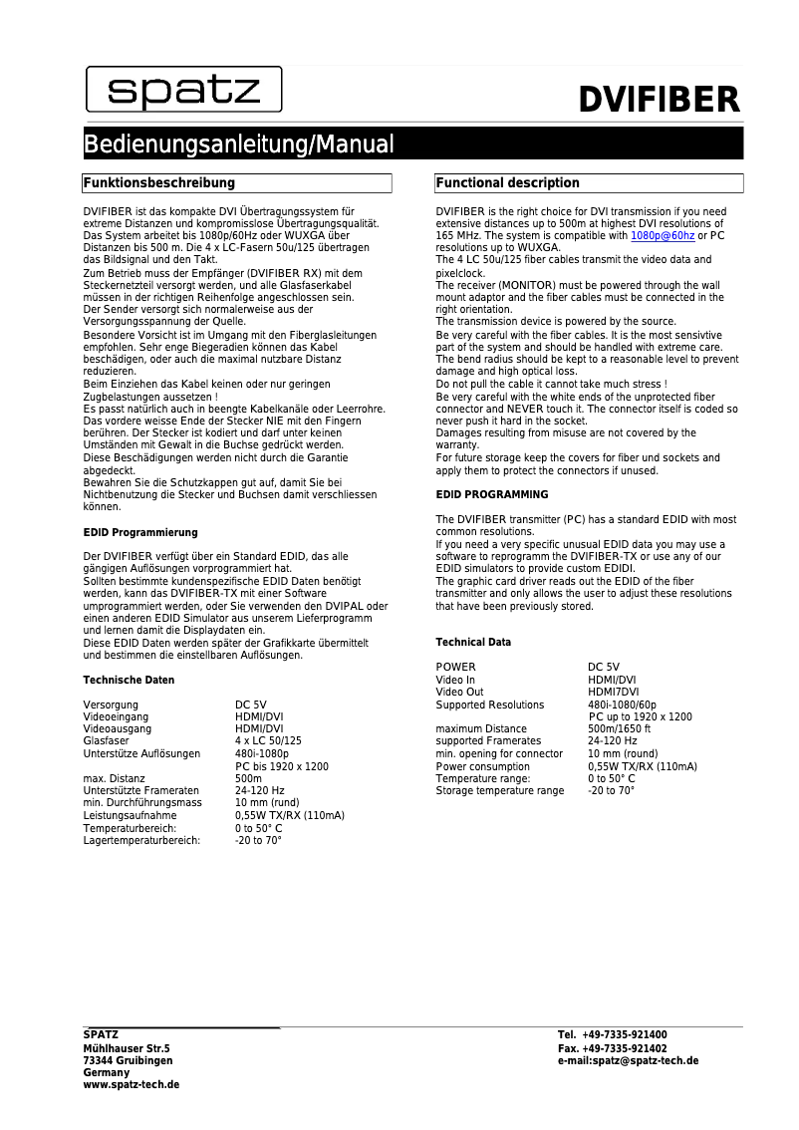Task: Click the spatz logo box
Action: [183, 90]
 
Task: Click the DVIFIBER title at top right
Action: [660, 100]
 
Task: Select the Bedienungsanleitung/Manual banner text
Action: [238, 144]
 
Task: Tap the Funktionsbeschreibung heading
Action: [158, 183]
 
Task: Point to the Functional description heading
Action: [507, 183]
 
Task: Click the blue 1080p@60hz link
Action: [663, 235]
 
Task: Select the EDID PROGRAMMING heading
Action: [492, 494]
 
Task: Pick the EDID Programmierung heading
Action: [140, 532]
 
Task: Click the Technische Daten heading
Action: [129, 680]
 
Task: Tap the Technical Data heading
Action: [473, 642]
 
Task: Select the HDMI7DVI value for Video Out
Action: [614, 692]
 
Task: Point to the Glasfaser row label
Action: [106, 740]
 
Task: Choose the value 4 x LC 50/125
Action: [268, 740]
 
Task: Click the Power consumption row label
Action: [483, 766]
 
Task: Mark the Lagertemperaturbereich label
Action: [141, 840]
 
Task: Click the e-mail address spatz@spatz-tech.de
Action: [646, 1061]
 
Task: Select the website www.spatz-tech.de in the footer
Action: [132, 1084]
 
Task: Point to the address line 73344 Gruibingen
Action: [128, 1060]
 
